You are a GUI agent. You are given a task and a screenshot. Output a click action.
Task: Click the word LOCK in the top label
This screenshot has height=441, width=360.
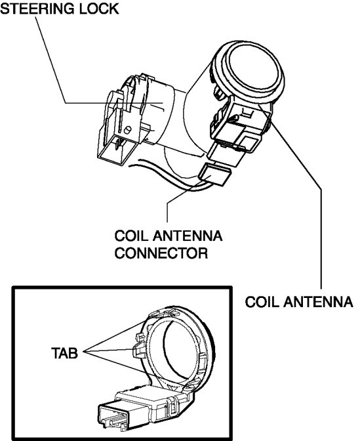[99, 9]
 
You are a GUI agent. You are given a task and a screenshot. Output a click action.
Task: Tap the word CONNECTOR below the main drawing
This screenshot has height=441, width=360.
[161, 253]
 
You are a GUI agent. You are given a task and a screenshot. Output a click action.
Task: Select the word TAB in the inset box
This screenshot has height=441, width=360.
[64, 353]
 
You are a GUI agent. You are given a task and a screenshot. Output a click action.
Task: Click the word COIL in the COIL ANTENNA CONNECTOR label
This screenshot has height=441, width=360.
[131, 236]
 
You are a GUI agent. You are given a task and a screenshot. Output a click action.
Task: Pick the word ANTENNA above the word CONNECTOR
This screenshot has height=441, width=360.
[188, 236]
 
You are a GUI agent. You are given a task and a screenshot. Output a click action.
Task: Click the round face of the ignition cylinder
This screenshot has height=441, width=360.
[252, 69]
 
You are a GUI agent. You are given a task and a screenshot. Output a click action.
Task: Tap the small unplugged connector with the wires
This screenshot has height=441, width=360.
[215, 175]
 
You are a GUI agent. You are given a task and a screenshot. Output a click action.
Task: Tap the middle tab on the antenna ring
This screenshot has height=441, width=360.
[138, 350]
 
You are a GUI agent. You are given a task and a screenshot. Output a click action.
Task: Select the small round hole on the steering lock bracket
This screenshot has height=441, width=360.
[127, 130]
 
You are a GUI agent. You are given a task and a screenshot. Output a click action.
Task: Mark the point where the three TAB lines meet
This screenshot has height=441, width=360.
[85, 351]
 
